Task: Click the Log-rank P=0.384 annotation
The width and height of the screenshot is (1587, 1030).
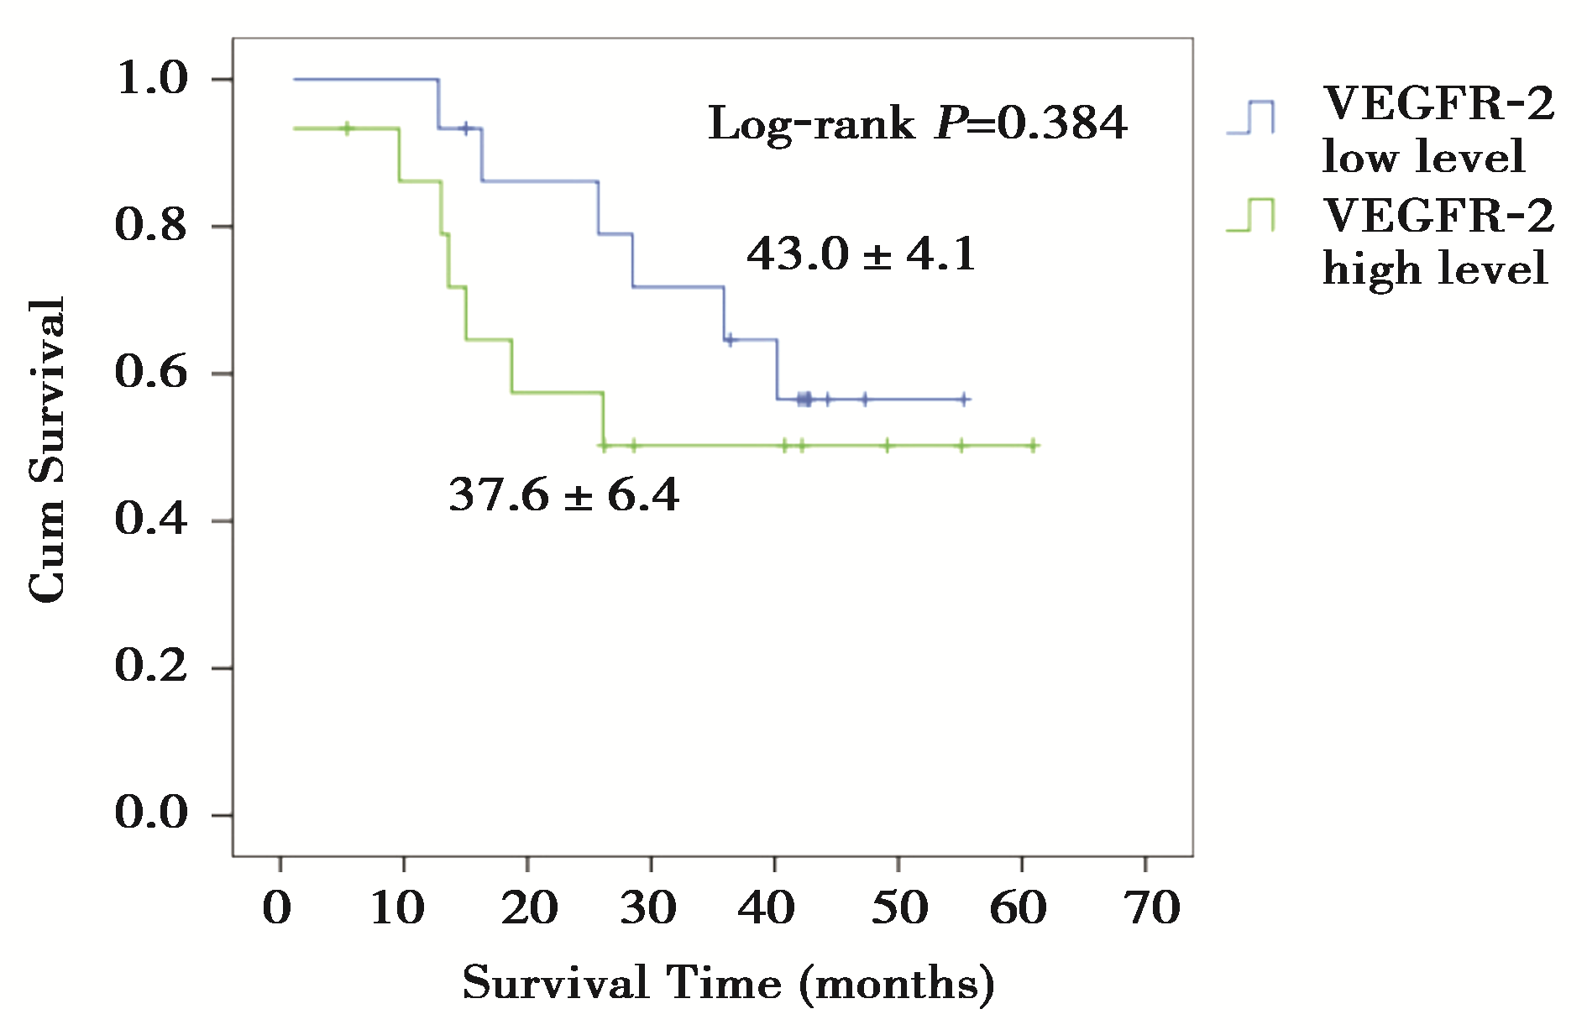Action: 917,124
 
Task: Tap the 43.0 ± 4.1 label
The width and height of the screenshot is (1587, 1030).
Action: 862,254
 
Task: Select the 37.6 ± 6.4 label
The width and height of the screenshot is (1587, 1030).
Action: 563,494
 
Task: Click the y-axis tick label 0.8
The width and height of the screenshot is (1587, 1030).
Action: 151,225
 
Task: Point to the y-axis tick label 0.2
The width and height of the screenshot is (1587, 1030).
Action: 151,667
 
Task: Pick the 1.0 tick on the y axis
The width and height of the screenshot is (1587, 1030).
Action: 151,79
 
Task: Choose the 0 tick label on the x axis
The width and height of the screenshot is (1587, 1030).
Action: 278,908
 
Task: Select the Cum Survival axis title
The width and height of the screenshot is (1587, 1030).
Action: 47,449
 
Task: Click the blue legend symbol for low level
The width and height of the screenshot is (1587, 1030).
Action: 1251,118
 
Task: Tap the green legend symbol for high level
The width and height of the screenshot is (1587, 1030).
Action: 1251,215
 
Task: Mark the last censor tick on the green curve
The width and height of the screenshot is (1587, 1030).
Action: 1034,446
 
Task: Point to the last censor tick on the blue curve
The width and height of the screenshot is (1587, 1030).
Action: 964,400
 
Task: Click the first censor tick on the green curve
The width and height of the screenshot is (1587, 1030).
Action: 348,128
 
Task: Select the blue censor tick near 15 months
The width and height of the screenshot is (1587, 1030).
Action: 466,128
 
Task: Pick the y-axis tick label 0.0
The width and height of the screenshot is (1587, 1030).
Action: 151,813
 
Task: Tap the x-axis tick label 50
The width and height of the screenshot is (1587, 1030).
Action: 898,908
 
